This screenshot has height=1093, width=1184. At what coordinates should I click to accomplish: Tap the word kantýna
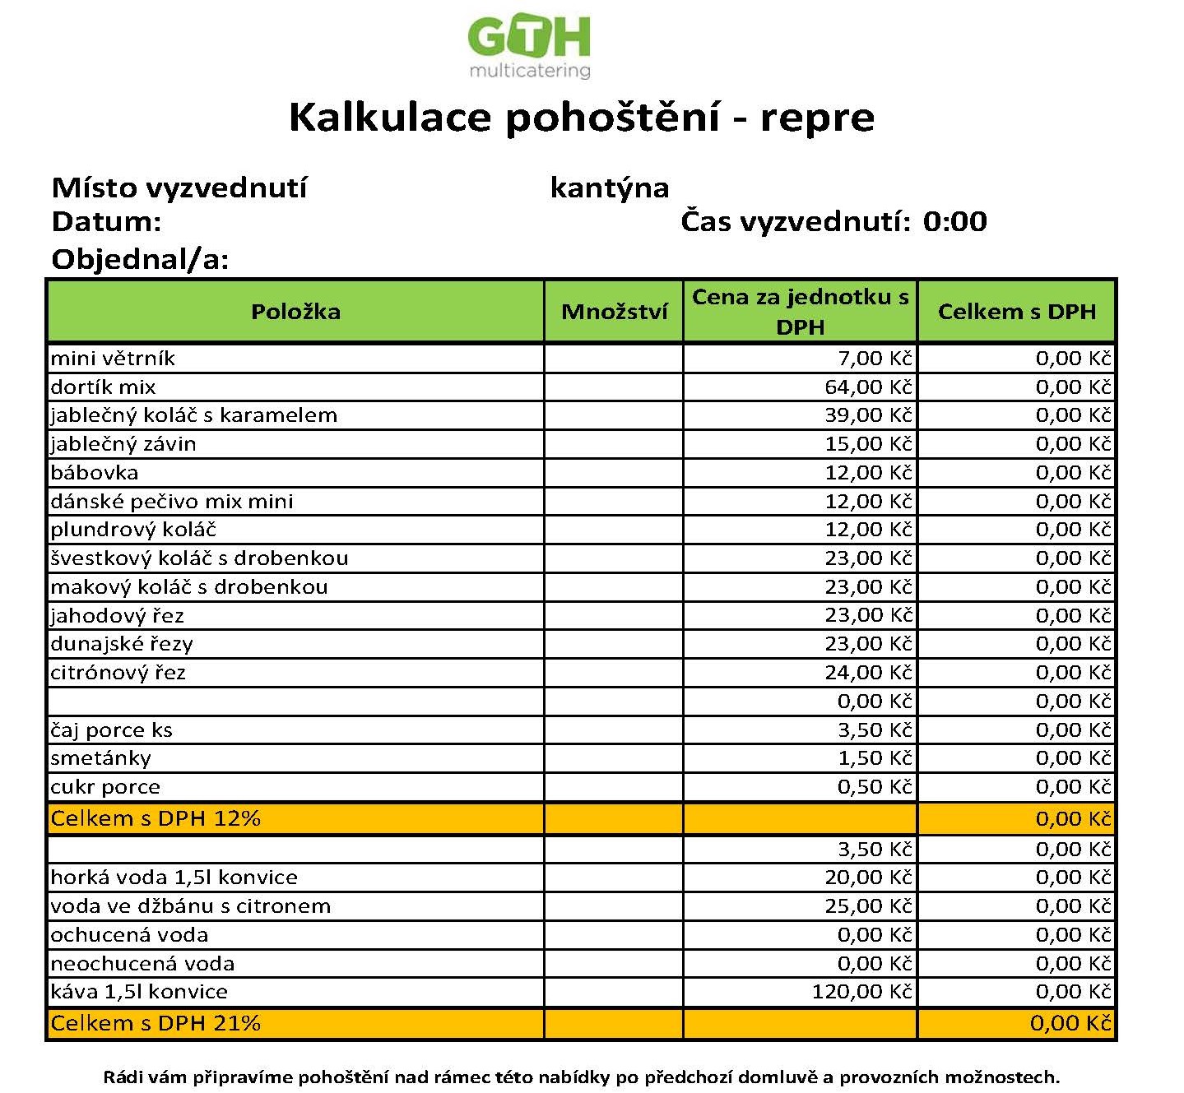[x=609, y=188]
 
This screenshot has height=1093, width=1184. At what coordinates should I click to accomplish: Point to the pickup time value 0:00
[x=954, y=221]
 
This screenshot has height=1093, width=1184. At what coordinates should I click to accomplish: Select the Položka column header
[x=295, y=312]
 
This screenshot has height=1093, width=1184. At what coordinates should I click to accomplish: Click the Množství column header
[x=614, y=312]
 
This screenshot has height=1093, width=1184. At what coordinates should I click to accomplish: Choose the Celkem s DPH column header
[x=1016, y=312]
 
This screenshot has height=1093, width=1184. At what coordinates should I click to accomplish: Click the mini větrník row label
[x=113, y=359]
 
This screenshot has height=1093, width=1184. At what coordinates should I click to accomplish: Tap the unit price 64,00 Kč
[x=868, y=387]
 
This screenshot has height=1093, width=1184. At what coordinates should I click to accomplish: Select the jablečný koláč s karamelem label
[x=193, y=415]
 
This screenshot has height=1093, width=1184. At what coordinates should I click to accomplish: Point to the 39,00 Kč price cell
[x=868, y=415]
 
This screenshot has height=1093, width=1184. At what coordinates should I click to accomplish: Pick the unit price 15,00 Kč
[x=868, y=444]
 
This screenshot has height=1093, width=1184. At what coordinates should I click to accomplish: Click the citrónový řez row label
[x=118, y=673]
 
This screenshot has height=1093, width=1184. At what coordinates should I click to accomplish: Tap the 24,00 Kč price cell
[x=868, y=673]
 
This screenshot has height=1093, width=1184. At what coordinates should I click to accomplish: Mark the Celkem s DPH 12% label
[x=156, y=819]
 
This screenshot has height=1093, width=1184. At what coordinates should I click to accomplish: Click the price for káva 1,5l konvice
[x=862, y=992]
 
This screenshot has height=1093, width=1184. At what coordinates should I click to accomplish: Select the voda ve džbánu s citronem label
[x=190, y=906]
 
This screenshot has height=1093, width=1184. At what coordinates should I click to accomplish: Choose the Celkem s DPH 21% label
[x=156, y=1024]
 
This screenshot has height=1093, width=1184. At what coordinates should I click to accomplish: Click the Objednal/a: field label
[x=140, y=260]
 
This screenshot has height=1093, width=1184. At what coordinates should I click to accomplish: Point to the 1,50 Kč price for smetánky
[x=875, y=758]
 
